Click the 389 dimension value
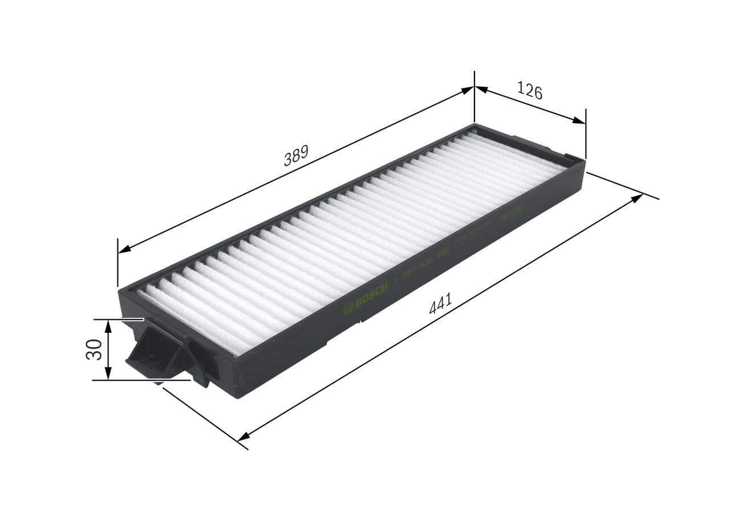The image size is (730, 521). point(296,156)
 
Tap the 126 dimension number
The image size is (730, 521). point(529,90)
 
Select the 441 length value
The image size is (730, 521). point(440,303)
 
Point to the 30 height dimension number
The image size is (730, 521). point(94,349)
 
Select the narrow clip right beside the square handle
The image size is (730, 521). point(202,365)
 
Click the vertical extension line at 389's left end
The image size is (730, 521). point(117,262)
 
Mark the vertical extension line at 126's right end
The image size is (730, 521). point(586,134)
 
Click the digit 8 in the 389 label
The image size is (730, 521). point(296,156)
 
